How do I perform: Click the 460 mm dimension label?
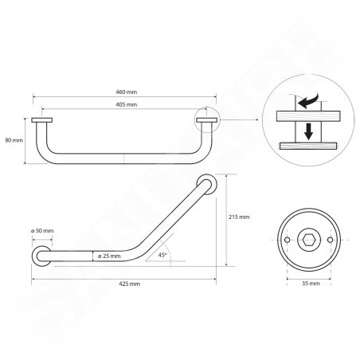pyautogui.click(x=127, y=92)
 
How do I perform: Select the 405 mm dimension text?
pyautogui.click(x=127, y=104)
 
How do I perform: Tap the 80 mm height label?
pyautogui.click(x=14, y=140)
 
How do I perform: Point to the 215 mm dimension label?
pyautogui.click(x=239, y=217)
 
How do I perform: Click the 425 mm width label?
pyautogui.click(x=129, y=284)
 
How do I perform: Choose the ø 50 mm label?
pyautogui.click(x=42, y=231)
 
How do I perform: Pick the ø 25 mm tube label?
pyautogui.click(x=109, y=256)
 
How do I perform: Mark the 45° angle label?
pyautogui.click(x=162, y=255)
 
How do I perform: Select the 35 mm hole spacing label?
pyautogui.click(x=311, y=284)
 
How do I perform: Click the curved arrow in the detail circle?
pyautogui.click(x=308, y=101)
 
